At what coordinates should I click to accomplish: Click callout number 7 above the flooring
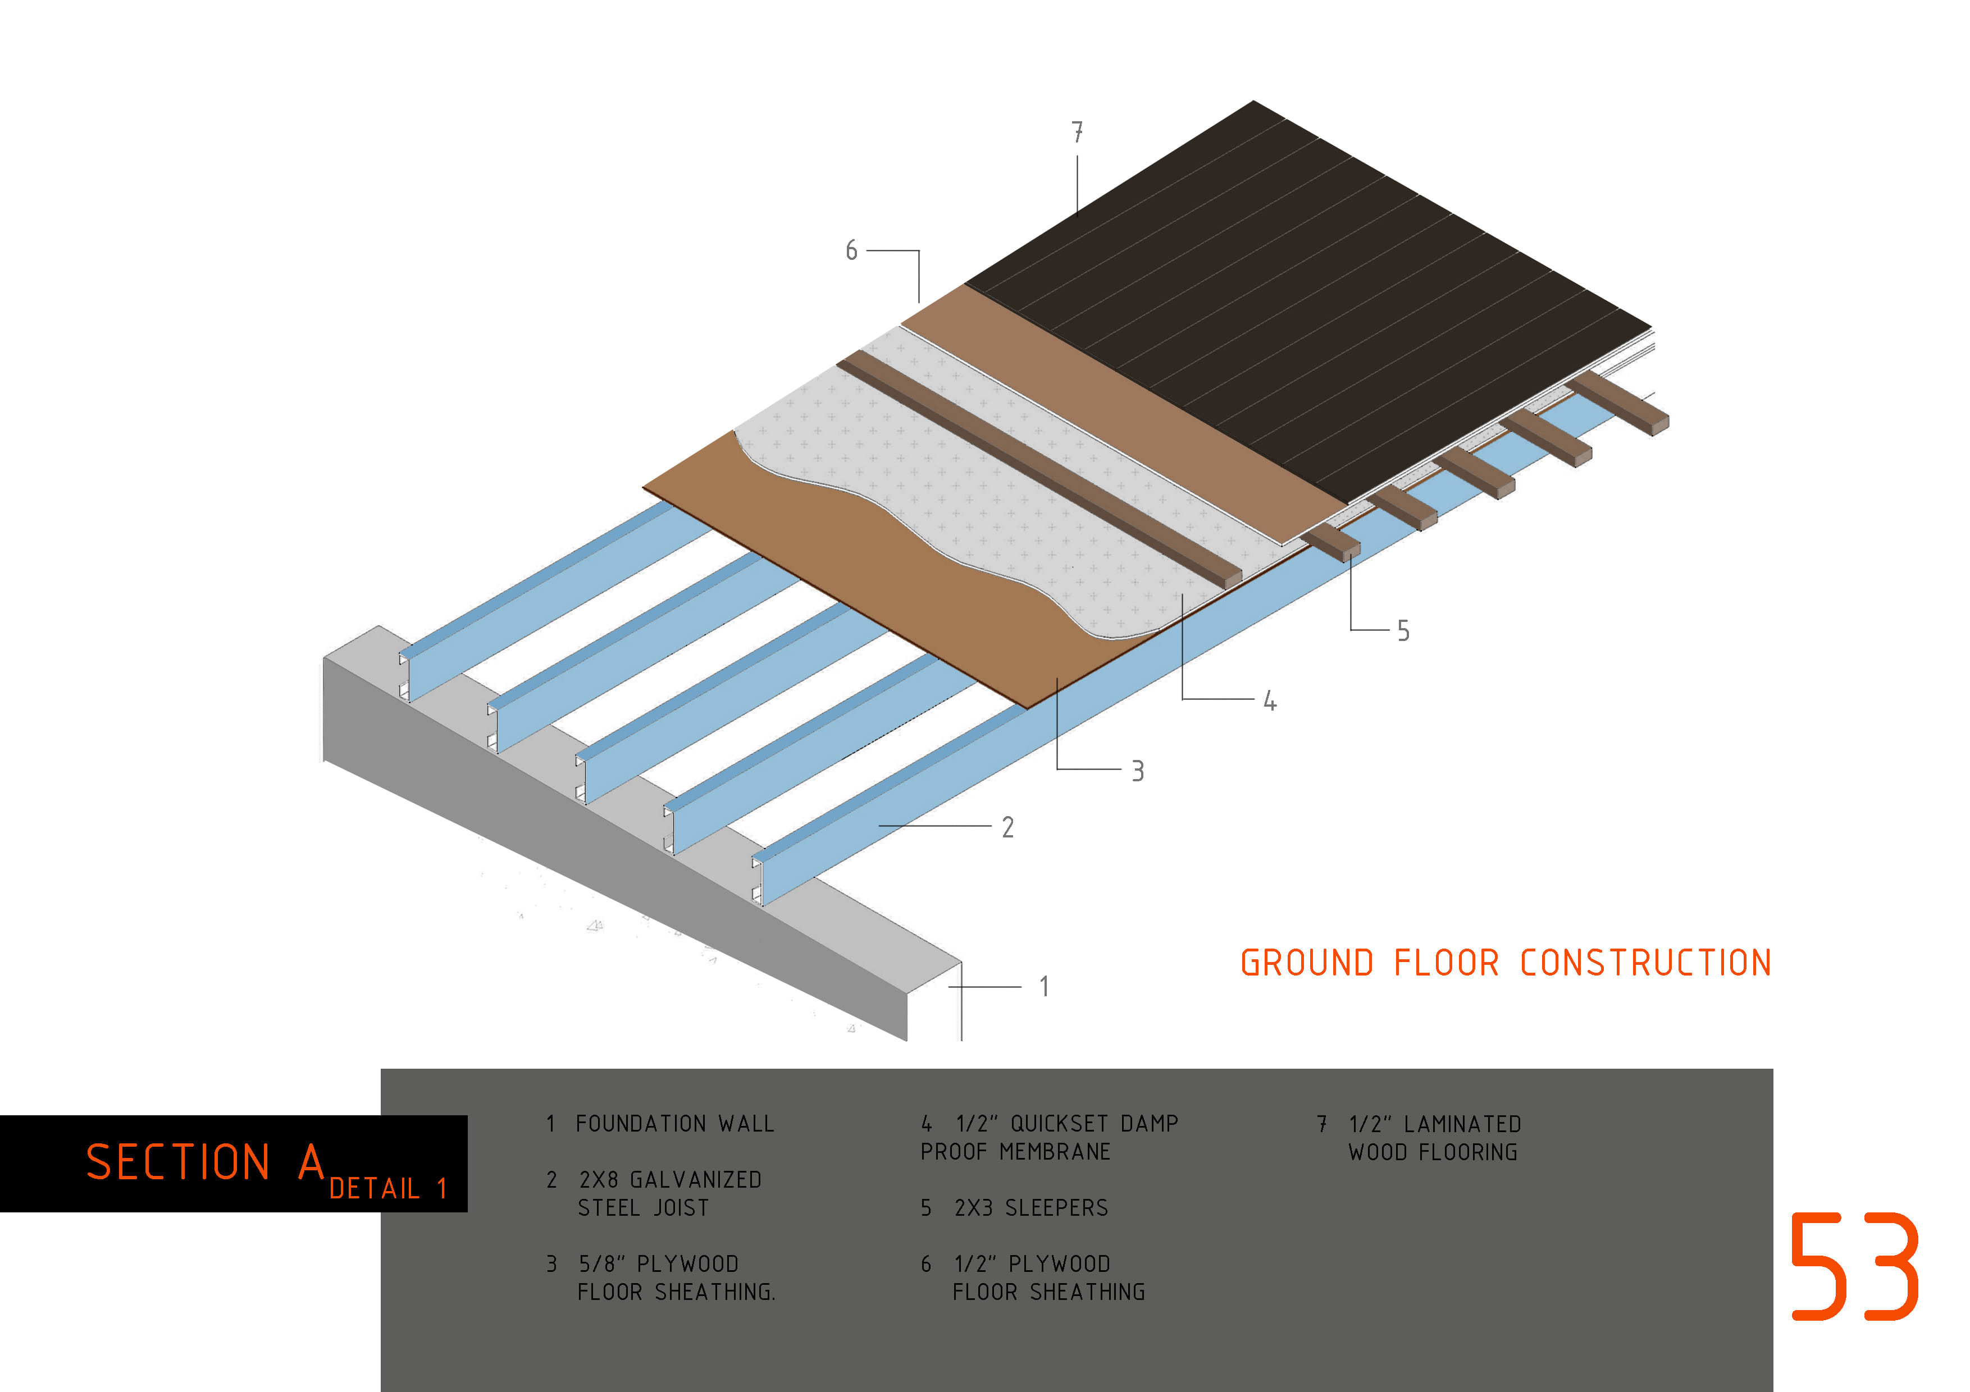(1078, 132)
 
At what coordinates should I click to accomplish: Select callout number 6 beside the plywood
(851, 250)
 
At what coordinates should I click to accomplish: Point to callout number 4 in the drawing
(1270, 702)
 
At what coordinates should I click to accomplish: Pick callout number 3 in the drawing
(1138, 771)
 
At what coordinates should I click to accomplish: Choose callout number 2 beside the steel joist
(1008, 828)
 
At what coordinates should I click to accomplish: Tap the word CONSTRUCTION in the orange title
(1645, 963)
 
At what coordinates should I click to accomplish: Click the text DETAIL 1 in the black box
(388, 1189)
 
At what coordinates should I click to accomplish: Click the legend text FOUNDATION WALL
(675, 1124)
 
